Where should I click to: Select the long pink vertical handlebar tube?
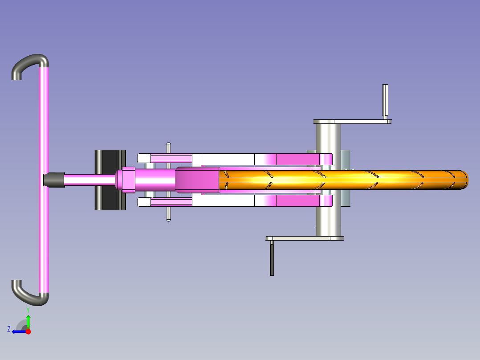(x=44, y=180)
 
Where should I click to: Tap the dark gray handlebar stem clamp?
(x=54, y=180)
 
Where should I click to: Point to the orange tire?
(x=343, y=180)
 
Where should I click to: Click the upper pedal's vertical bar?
(x=386, y=100)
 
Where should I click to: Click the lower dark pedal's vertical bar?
(x=272, y=258)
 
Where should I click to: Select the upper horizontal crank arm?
(x=352, y=122)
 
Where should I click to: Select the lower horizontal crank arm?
(x=305, y=238)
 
